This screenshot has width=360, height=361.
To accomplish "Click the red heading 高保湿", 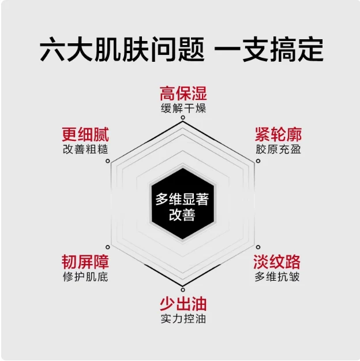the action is point(183,94).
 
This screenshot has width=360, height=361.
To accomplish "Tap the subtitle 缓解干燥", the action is point(183,108).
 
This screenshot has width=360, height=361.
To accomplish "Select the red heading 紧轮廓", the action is point(278,134).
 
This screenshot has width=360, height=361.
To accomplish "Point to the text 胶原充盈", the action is point(278,149).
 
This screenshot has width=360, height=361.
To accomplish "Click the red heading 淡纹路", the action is point(277,262).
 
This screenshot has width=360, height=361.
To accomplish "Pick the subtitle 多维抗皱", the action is point(277,277).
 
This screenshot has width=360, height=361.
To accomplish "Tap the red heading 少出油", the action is point(183,304).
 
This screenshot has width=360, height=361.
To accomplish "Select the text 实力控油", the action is point(183,319).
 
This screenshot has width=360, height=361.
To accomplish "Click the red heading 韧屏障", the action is point(85,262).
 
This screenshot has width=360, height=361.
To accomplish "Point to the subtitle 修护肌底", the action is point(85,277).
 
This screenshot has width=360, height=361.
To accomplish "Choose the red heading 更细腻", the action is point(85,134).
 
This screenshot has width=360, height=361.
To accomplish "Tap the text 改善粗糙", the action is point(85,149).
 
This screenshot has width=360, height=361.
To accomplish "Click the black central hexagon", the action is point(183,204).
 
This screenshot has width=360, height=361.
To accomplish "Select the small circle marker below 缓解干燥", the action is point(183,118).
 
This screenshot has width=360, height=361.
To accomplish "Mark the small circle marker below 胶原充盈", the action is point(258,161).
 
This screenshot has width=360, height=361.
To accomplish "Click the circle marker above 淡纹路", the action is point(258,247).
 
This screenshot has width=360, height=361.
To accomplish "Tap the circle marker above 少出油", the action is point(183,289).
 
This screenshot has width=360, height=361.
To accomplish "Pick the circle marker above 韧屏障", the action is point(107,247).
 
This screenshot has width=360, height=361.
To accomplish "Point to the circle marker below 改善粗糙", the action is point(107,161).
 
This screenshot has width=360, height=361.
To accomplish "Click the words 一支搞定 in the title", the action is point(269,50).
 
